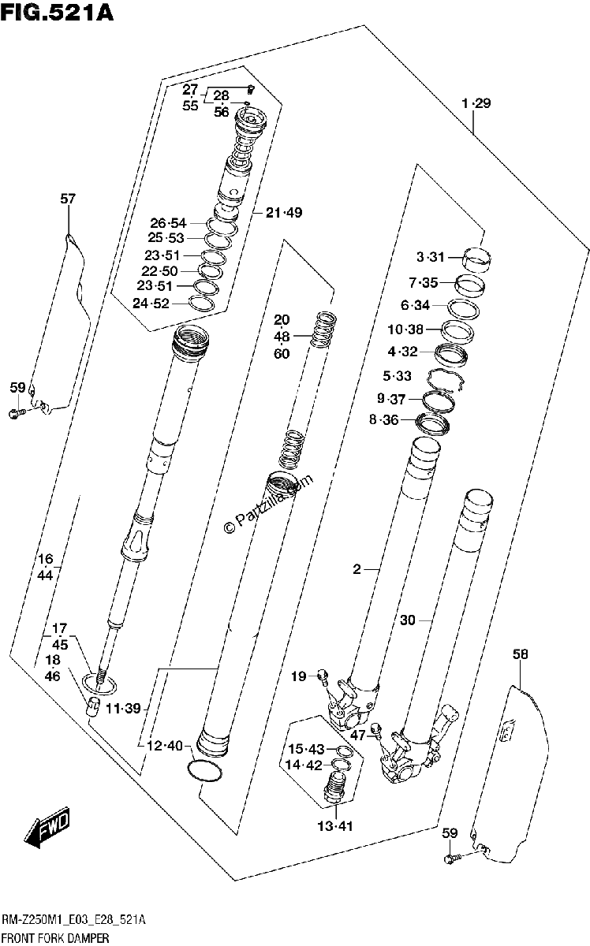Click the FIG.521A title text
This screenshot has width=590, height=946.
tap(58, 12)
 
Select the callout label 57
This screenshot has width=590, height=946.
tap(68, 199)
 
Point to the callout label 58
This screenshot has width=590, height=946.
tap(521, 654)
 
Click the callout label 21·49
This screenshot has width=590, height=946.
tap(284, 212)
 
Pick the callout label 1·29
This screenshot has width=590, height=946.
tap(476, 103)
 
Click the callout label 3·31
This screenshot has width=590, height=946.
tap(430, 257)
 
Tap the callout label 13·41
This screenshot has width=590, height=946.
tap(335, 826)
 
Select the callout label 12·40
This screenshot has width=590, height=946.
tap(164, 746)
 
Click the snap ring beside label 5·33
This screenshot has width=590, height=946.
tap(446, 378)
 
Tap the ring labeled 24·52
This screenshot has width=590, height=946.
tap(200, 304)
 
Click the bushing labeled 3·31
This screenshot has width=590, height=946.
tap(476, 259)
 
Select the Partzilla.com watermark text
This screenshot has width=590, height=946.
tap(268, 504)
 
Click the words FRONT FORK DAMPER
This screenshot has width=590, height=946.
tap(55, 938)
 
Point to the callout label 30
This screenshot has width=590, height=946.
tap(408, 620)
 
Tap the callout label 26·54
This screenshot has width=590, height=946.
tap(168, 222)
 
